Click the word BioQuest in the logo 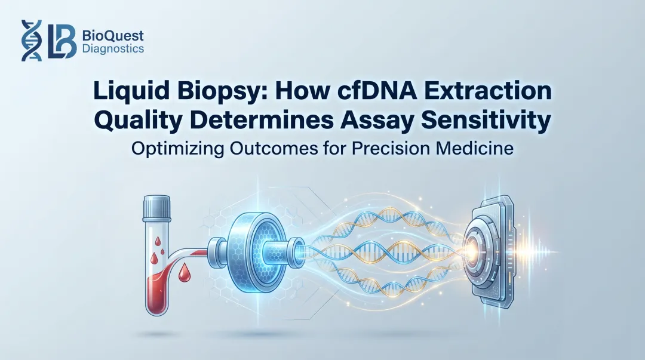pyautogui.click(x=111, y=35)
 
